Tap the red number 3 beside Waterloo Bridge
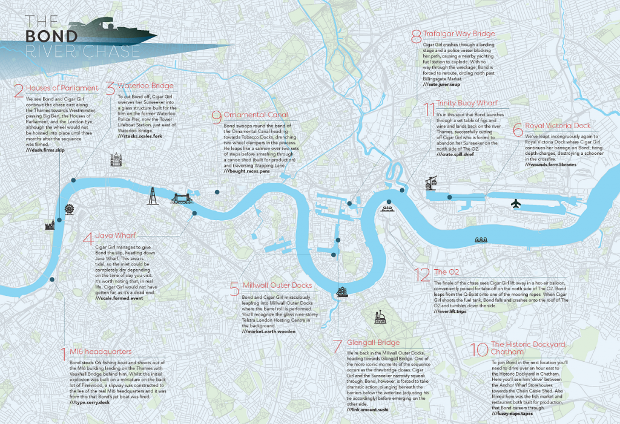pyautogui.click(x=110, y=89)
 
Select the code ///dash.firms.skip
pyautogui.click(x=45, y=149)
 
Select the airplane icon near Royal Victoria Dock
pyautogui.click(x=516, y=203)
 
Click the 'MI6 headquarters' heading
pyautogui.click(x=101, y=351)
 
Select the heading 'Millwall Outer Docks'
pyautogui.click(x=277, y=285)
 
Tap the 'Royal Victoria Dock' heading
pyautogui.click(x=558, y=126)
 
